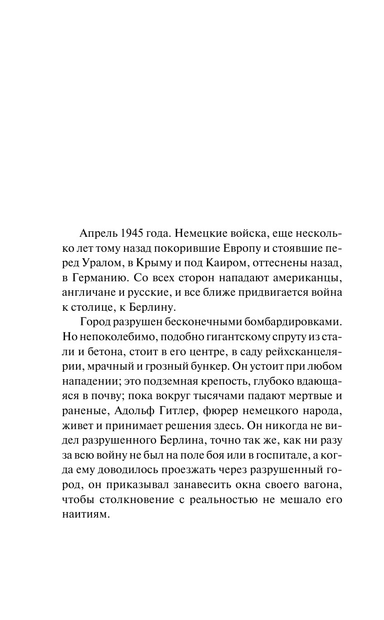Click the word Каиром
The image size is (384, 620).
click(x=224, y=262)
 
